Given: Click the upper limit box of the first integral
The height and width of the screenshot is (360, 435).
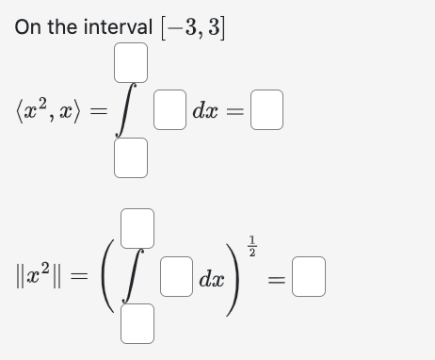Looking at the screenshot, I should pyautogui.click(x=131, y=61).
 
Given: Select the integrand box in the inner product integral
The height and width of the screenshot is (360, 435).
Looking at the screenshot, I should pyautogui.click(x=169, y=112).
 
